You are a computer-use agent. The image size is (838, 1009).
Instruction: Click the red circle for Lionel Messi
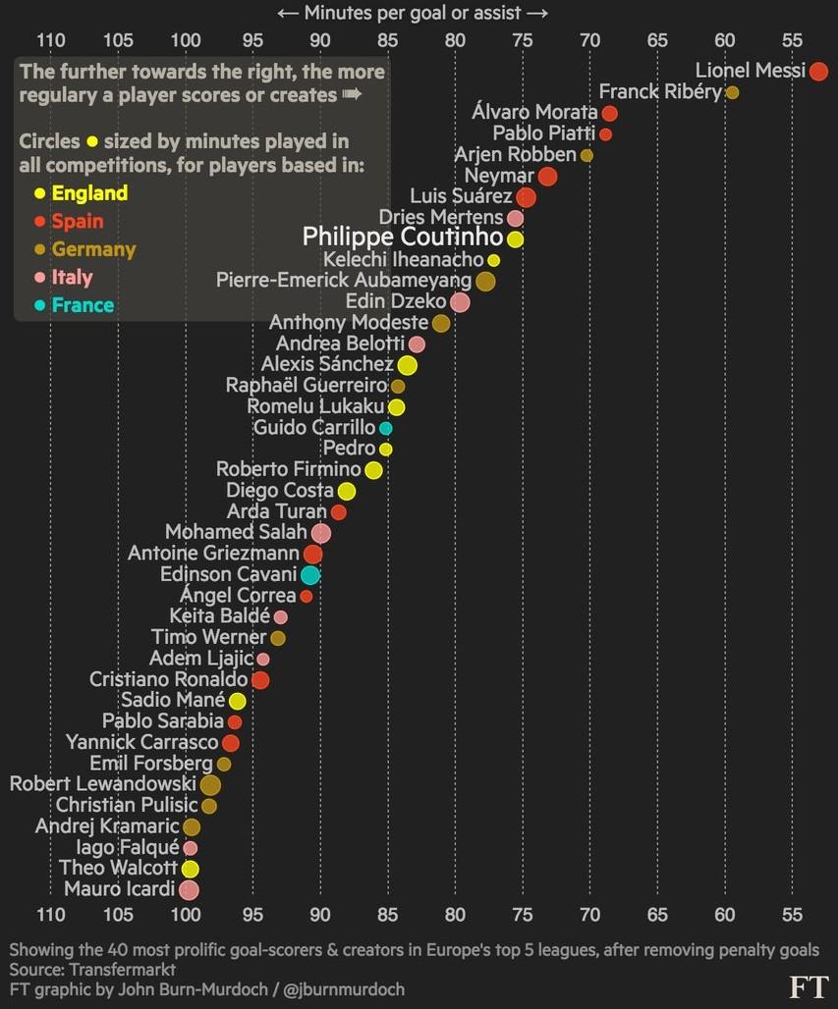(818, 71)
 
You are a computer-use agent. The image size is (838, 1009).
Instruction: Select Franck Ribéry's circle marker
(732, 92)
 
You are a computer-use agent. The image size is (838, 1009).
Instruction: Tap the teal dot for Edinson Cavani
(310, 575)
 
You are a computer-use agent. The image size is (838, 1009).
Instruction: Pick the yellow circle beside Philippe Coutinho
(515, 239)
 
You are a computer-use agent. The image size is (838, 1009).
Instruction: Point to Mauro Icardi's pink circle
(189, 890)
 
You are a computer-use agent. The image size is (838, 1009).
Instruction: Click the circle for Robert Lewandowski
(210, 785)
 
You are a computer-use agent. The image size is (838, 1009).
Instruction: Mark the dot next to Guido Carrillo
(386, 429)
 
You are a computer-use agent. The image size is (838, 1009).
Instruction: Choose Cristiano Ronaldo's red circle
(259, 680)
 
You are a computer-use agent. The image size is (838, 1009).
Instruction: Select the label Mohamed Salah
(236, 533)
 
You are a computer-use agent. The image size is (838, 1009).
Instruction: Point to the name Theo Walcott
(118, 869)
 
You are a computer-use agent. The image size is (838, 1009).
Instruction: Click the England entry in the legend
(89, 193)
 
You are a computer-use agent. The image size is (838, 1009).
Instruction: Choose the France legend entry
(83, 305)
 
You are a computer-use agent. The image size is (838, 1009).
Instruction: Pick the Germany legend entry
(93, 249)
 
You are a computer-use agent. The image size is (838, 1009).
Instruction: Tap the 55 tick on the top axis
(793, 40)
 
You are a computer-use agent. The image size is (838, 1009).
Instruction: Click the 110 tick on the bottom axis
(50, 916)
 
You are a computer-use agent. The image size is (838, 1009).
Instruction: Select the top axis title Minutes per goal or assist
(413, 13)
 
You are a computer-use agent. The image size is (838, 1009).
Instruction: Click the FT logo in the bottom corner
(808, 986)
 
